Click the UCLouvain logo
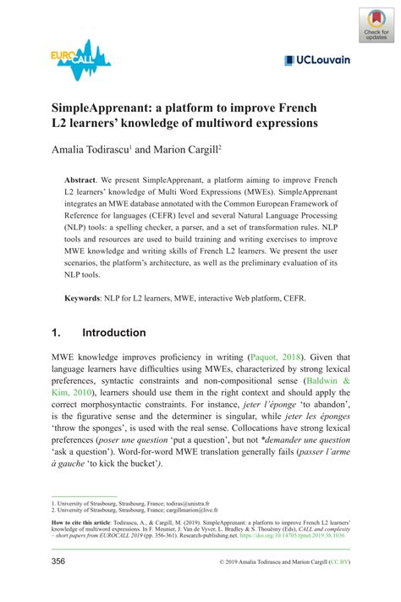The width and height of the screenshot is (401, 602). tap(316, 60)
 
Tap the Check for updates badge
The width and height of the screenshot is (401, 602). tap(376, 25)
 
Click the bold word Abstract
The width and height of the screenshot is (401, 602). tap(81, 181)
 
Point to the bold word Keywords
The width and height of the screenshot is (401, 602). tap(85, 299)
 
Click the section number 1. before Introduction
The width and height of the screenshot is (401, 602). tap(58, 333)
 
